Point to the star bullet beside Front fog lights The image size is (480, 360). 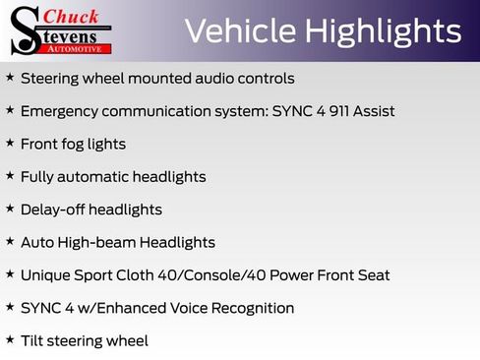(x=9, y=144)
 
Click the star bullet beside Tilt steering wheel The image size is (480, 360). (x=9, y=340)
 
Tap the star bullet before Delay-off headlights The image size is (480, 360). (x=9, y=210)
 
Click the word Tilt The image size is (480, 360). (x=31, y=340)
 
